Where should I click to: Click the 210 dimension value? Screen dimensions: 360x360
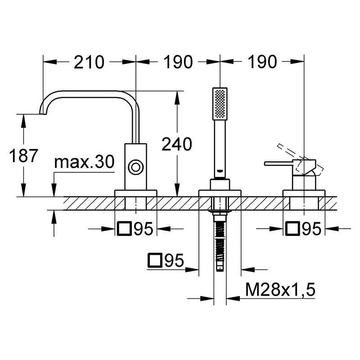pos(89,62)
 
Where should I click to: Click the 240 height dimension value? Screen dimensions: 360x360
pos(177,144)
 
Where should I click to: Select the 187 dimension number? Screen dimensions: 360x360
pos(23,155)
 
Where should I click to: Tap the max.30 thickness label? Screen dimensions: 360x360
pos(84,162)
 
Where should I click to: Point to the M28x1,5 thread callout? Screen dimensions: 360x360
pos(280,289)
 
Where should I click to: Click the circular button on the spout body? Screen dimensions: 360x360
pos(136,167)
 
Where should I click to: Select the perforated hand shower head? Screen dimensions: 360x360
pos(220,104)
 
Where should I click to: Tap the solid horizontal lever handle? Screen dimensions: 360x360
pos(278,163)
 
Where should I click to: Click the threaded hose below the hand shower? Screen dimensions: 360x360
pos(220,243)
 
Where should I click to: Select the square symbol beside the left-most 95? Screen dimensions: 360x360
pos(124,229)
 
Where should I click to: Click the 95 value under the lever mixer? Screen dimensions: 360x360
pos(311,229)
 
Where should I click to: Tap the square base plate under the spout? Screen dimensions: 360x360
pos(136,193)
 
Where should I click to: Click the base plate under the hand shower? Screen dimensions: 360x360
pos(220,193)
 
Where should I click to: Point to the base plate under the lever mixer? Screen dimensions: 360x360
pos(304,193)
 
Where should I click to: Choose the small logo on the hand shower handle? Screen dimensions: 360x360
pos(220,171)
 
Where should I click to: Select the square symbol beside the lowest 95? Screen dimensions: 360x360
pos(155,261)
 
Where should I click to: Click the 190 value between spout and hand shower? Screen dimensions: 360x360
pos(178,62)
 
